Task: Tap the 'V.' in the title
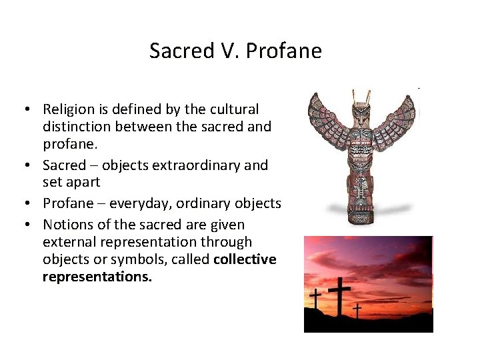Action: [232, 51]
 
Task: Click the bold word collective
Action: [245, 259]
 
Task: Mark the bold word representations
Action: [97, 276]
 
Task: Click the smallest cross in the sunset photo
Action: [357, 310]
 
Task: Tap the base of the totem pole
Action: [361, 217]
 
